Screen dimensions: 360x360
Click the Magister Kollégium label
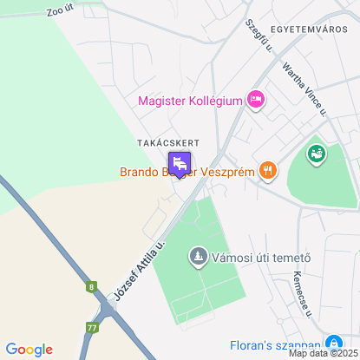189,101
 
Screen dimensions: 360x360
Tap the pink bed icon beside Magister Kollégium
255,101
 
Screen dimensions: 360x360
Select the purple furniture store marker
180,163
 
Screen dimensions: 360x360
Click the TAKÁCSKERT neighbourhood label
168,142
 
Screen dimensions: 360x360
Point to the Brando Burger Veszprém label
187,171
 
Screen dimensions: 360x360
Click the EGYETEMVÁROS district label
310,29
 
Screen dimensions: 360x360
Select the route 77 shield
92,327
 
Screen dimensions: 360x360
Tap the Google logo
29,349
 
